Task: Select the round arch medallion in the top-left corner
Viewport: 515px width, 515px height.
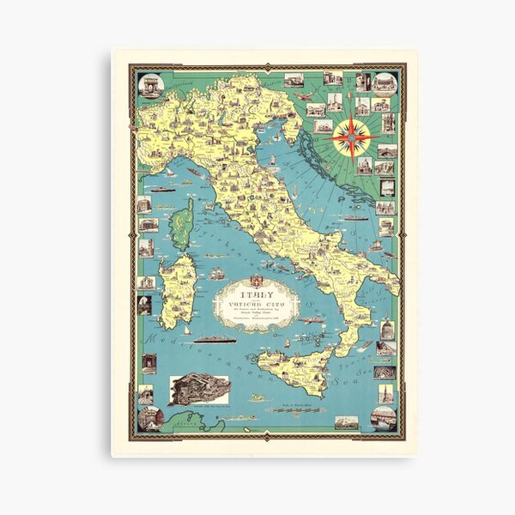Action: pyautogui.click(x=151, y=86)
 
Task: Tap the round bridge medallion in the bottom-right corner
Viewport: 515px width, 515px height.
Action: pyautogui.click(x=384, y=417)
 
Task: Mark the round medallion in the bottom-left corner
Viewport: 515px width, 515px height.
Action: pyautogui.click(x=150, y=418)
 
